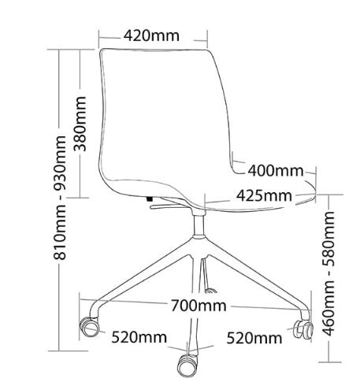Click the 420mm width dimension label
point(151,35)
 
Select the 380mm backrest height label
point(80,124)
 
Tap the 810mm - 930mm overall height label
point(60,198)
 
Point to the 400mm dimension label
point(276,171)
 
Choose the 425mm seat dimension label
point(264,195)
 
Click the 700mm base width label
point(199,306)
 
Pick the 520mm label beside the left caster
point(139,337)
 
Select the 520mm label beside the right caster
point(254,338)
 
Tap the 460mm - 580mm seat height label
point(328,273)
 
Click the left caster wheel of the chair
point(90,327)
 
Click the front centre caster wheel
point(187,365)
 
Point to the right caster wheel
point(304,330)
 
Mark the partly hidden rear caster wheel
point(211,291)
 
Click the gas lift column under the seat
point(199,225)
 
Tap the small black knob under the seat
point(149,199)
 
